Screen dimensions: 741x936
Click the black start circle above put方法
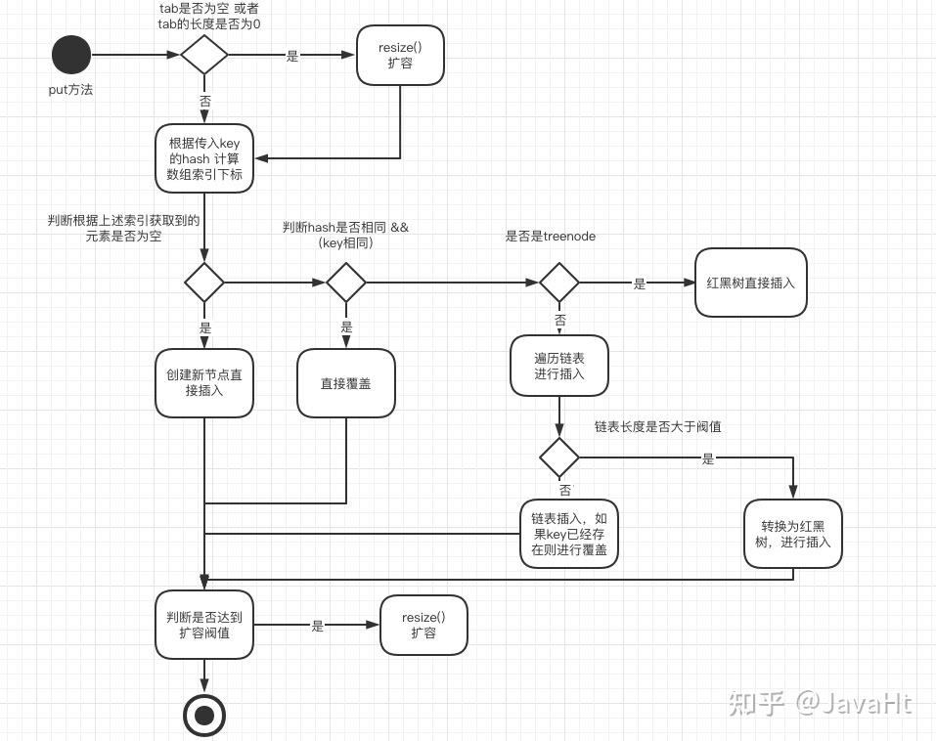tap(70, 55)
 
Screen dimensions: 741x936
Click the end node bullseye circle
tap(204, 716)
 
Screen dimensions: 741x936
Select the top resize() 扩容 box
tap(399, 55)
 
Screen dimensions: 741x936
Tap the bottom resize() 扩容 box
tap(423, 625)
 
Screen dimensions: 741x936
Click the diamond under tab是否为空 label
tap(204, 55)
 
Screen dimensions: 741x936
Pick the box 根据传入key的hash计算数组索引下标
tap(204, 158)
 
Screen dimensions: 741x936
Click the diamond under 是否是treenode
tap(559, 283)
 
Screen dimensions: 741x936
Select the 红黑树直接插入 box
tap(750, 283)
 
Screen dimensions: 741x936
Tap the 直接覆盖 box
tap(346, 383)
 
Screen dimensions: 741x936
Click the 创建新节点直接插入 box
tap(204, 383)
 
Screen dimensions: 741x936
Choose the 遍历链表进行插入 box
tap(559, 366)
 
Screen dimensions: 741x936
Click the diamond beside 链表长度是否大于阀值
tap(559, 458)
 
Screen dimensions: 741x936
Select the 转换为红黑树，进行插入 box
tap(792, 534)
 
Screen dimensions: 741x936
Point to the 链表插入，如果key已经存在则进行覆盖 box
tap(568, 534)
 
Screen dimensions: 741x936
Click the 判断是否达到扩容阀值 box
tap(204, 625)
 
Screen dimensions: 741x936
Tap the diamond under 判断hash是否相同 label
tap(346, 283)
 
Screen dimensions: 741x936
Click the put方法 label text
tap(70, 90)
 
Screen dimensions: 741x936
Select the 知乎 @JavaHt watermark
tap(820, 702)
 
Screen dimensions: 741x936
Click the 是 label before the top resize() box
tap(291, 57)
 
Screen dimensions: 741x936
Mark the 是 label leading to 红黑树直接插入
tap(640, 283)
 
